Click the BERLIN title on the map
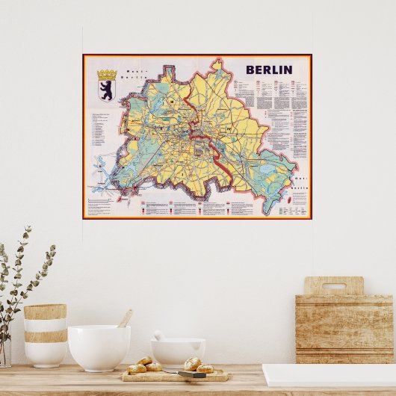[x=268, y=69]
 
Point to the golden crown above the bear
[x=107, y=75]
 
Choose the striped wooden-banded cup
[x=45, y=335]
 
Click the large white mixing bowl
[x=99, y=347]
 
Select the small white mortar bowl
[x=178, y=351]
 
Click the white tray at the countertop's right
[x=329, y=376]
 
